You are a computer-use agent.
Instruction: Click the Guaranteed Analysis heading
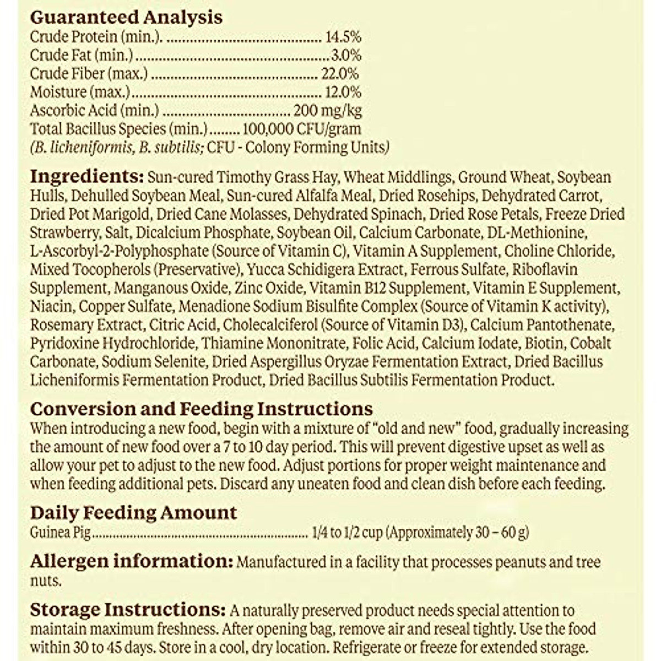coord(126,17)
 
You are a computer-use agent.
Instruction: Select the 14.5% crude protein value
coord(343,37)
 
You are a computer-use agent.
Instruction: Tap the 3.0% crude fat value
coord(346,55)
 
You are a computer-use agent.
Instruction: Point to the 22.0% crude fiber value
coord(340,73)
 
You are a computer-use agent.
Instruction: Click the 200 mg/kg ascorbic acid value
coord(328,110)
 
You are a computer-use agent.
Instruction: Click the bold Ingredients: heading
coord(86,177)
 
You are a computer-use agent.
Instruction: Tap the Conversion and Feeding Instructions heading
coord(201,409)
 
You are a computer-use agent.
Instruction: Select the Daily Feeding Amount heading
coord(133,513)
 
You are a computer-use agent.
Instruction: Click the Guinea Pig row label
coord(60,533)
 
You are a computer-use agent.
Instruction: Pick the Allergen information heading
coord(129,561)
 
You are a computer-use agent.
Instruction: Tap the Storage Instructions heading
coord(127,610)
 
